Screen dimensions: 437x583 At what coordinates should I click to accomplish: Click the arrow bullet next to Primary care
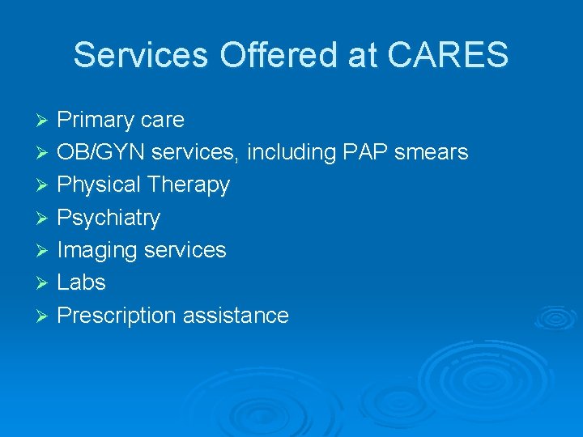45,121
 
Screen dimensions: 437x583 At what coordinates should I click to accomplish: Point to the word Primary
95,121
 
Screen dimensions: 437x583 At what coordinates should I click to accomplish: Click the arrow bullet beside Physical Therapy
45,186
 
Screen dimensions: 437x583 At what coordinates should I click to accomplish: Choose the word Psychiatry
109,218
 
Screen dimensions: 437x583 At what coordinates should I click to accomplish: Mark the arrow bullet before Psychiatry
45,218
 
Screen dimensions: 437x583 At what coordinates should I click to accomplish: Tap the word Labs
81,282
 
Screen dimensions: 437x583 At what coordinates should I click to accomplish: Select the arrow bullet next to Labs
45,283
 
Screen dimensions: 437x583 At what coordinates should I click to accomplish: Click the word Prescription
117,316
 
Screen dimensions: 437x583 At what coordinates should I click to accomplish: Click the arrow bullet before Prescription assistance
45,316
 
